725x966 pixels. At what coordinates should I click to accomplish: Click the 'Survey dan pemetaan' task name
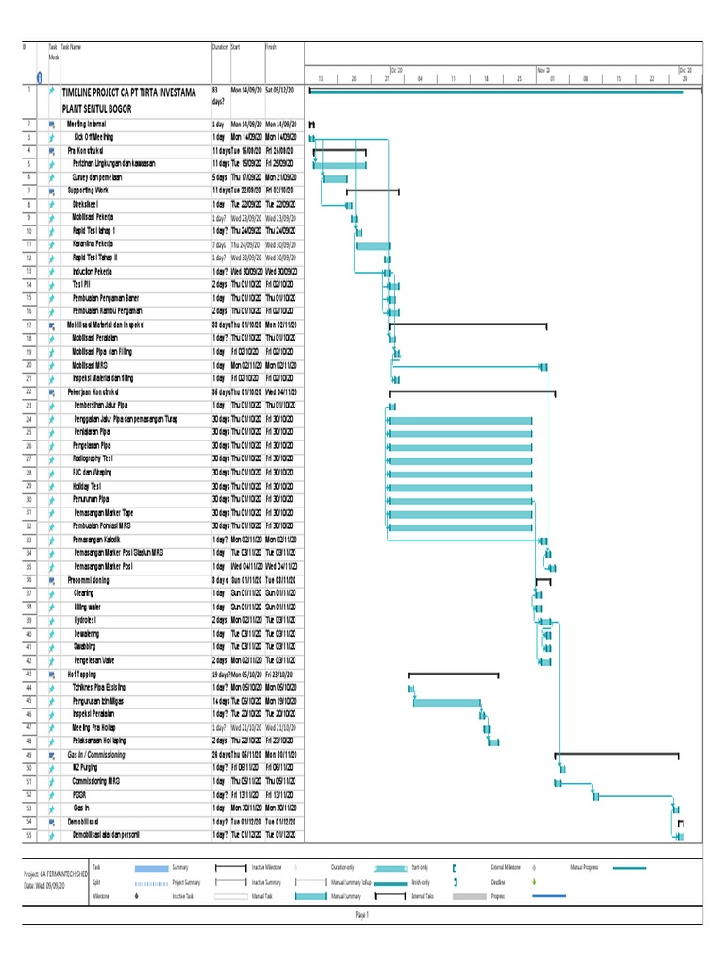click(97, 177)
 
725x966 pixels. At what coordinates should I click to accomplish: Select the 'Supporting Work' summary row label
click(90, 191)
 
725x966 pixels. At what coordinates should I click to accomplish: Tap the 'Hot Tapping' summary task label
click(82, 675)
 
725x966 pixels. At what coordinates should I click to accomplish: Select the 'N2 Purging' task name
click(86, 769)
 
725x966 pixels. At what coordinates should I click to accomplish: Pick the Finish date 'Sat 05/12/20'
click(279, 90)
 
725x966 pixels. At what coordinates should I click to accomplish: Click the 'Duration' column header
click(220, 46)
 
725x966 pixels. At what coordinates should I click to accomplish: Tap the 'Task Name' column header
click(72, 46)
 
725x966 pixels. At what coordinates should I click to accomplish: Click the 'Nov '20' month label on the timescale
click(544, 70)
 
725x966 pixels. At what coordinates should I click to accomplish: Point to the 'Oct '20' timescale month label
click(396, 70)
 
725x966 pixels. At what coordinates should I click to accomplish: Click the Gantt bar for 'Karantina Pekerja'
click(372, 245)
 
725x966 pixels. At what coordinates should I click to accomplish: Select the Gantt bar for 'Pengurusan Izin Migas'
click(446, 702)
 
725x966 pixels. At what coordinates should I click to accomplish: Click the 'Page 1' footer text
click(362, 914)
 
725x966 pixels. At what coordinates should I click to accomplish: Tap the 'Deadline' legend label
click(500, 882)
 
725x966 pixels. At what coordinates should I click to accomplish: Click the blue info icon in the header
click(38, 76)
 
